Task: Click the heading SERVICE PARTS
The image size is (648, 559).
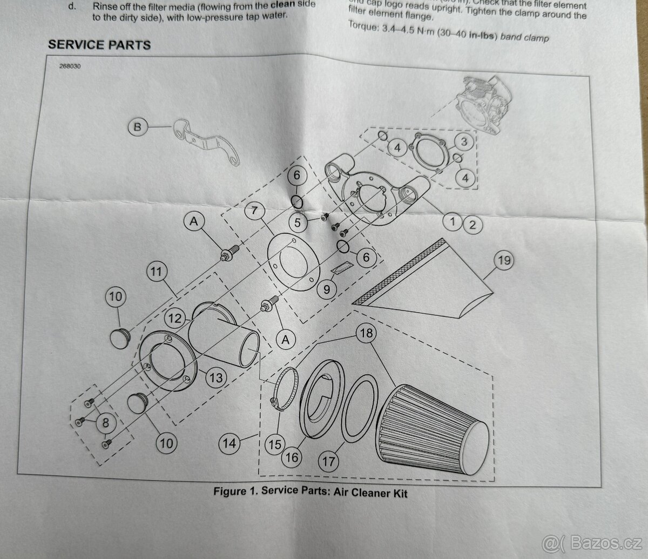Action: pyautogui.click(x=99, y=45)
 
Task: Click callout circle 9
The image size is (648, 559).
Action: pyautogui.click(x=326, y=290)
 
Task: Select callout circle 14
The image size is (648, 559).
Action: pyautogui.click(x=230, y=443)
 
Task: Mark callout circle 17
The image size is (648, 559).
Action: pyautogui.click(x=329, y=462)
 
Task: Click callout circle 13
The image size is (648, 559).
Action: pyautogui.click(x=215, y=378)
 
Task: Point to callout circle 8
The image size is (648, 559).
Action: pyautogui.click(x=104, y=423)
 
